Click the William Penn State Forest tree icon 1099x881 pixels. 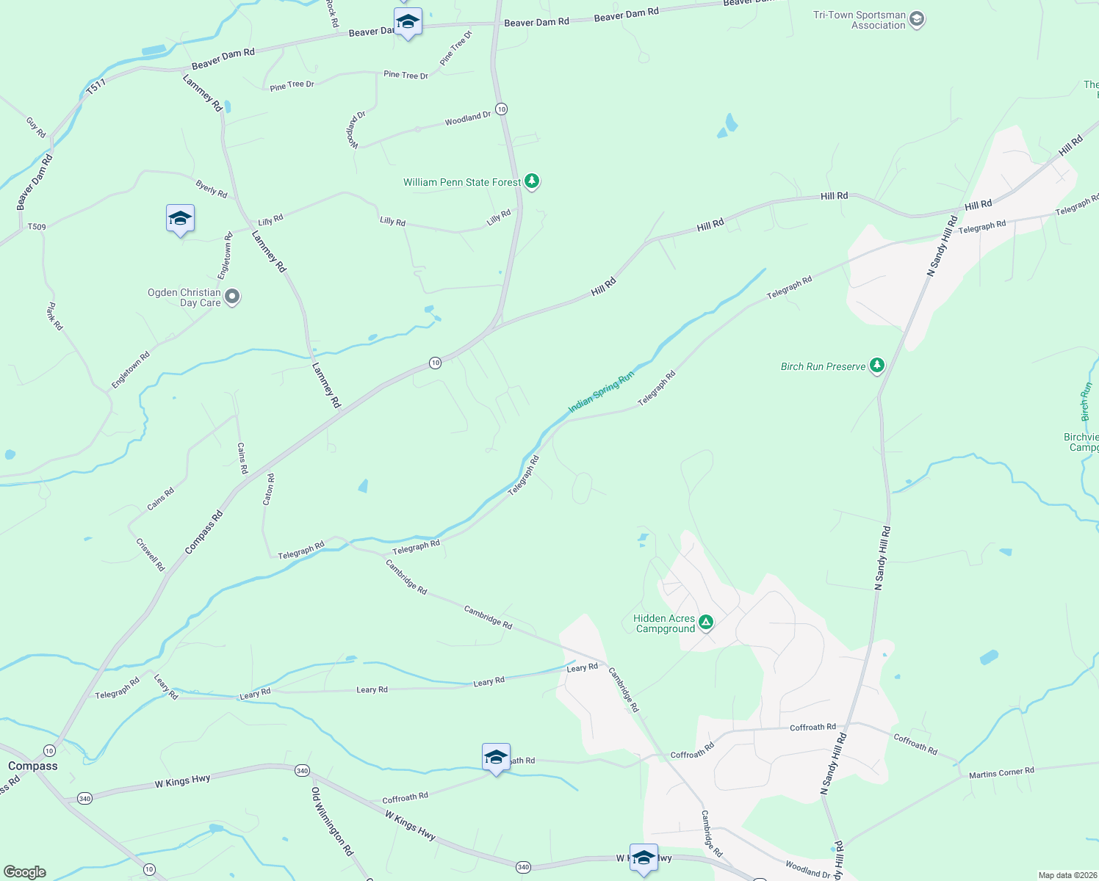532,181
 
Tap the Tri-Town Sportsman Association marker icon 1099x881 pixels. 916,20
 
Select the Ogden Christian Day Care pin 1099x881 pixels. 232,297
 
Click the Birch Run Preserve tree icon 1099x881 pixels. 876,366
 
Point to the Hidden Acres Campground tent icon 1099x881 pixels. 706,623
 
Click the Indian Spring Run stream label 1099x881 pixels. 600,392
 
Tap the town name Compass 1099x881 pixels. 33,766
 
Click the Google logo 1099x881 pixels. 25,872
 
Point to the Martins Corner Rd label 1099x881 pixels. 1001,772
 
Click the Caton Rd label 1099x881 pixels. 269,489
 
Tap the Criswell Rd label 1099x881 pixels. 151,554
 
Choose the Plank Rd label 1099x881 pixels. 55,316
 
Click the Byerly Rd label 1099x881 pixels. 212,189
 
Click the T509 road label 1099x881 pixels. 37,227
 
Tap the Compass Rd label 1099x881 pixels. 203,533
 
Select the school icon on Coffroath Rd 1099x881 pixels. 496,757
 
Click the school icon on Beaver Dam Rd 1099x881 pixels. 408,22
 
